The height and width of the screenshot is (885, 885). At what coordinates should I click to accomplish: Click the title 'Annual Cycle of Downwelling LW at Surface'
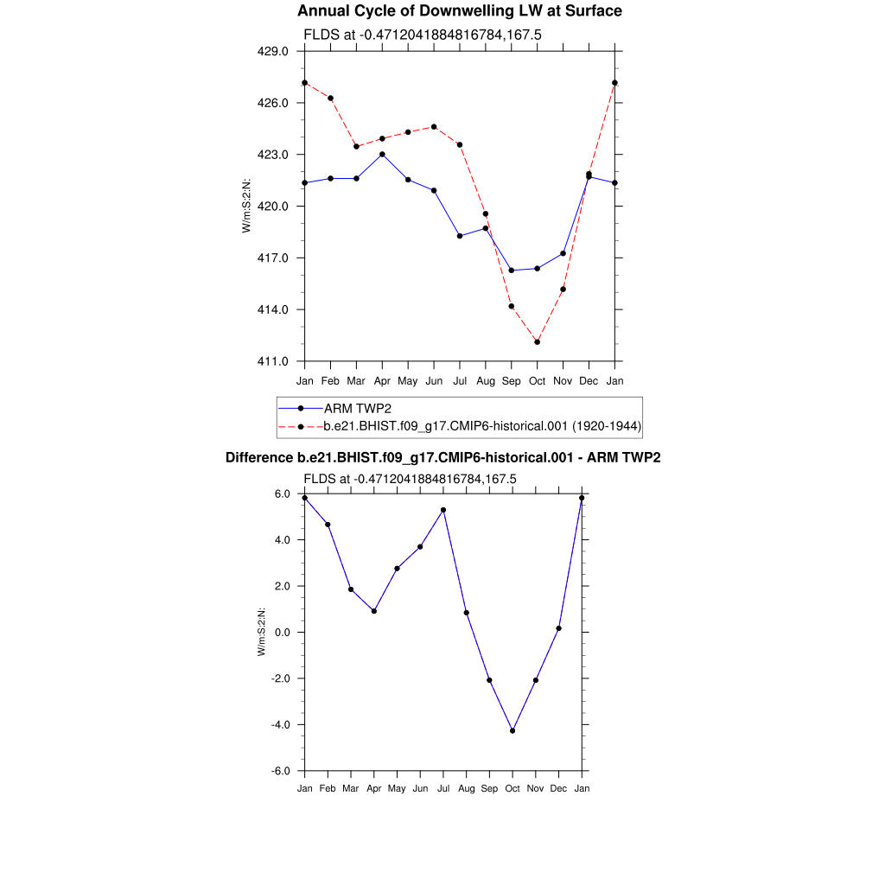(x=459, y=11)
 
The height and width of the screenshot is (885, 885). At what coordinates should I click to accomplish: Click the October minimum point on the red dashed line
(x=538, y=342)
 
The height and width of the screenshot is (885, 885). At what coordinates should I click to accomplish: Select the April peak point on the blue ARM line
(x=382, y=154)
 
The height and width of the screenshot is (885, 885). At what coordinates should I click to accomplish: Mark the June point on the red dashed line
(x=434, y=127)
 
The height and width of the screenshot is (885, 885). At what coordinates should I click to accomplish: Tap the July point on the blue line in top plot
(x=460, y=236)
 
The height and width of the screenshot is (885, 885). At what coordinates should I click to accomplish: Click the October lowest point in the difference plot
(x=513, y=731)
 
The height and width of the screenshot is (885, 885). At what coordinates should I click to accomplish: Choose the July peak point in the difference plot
(x=443, y=510)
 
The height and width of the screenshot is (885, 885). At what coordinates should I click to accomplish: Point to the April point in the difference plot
(x=374, y=611)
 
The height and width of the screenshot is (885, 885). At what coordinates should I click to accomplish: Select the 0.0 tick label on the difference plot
(x=283, y=633)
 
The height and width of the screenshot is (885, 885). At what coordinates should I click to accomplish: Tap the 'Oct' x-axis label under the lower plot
(x=513, y=789)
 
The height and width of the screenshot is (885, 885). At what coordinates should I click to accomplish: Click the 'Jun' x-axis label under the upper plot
(x=434, y=380)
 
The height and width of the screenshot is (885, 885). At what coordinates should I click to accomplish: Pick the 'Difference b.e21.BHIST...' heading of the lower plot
(x=442, y=457)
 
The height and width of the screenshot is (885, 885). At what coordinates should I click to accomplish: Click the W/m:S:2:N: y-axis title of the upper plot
(x=247, y=206)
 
